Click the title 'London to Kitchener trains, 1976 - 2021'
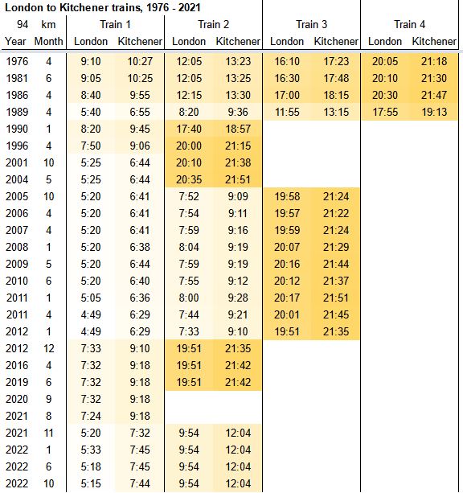coord(102,7)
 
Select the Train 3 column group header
coord(312,24)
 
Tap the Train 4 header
coord(410,24)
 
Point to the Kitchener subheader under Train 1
coord(140,41)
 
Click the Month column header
coord(48,41)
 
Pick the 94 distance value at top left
coord(23,24)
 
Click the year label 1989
coord(17,112)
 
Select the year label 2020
coord(17,399)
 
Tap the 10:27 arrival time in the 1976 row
coord(140,61)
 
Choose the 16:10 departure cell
coord(287,61)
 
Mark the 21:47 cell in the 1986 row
coord(434,95)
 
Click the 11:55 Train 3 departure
coord(287,112)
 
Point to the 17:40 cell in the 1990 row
coord(189,129)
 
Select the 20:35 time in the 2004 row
coord(189,179)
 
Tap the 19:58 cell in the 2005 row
coord(287,196)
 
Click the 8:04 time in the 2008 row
coord(189,247)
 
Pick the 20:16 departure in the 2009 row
coord(287,264)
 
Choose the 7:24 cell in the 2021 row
coord(91,416)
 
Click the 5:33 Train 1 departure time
coord(91,450)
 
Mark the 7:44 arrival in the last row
coord(140,483)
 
